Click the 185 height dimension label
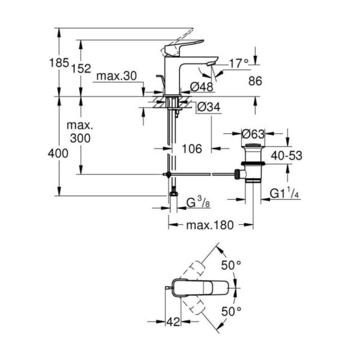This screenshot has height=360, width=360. tap(59, 63)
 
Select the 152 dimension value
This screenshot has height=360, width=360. tap(81, 68)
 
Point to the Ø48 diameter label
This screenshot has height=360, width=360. tap(202, 86)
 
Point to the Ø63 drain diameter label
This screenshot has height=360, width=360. tap(253, 134)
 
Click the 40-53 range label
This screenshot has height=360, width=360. tap(287, 156)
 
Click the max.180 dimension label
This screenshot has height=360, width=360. tap(210, 225)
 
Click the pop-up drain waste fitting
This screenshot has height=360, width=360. tap(253, 164)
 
